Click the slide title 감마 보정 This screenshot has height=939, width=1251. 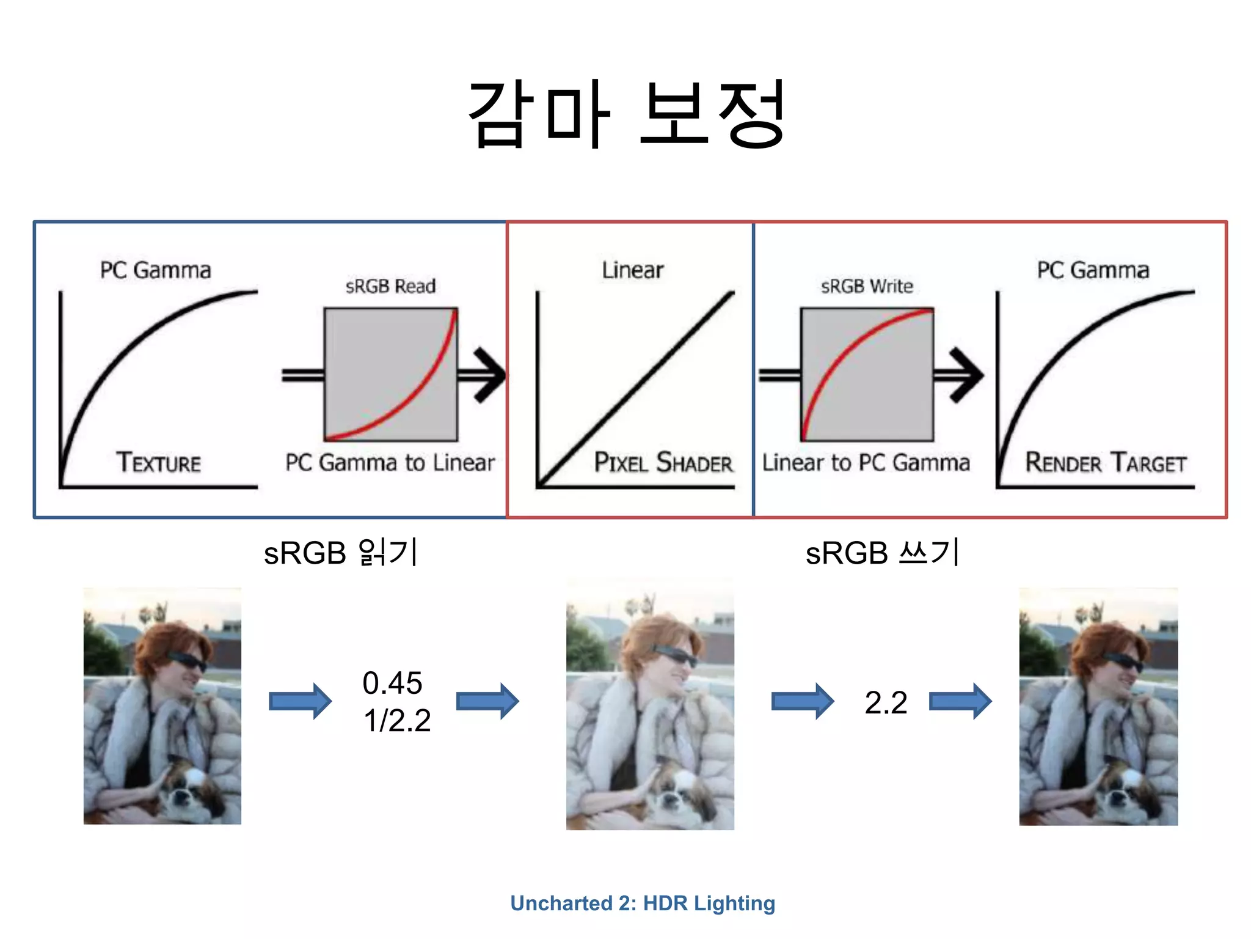(x=625, y=114)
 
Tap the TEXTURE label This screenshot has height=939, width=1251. (x=159, y=462)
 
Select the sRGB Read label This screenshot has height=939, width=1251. (x=390, y=286)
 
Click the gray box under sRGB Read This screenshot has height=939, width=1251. (x=391, y=374)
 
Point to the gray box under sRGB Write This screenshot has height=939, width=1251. (x=867, y=374)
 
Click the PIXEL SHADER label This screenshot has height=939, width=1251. (x=663, y=463)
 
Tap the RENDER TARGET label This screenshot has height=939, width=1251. (x=1106, y=463)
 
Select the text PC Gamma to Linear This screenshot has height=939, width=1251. (x=390, y=463)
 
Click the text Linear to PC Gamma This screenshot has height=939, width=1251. (x=866, y=463)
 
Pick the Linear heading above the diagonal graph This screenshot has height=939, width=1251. (x=632, y=270)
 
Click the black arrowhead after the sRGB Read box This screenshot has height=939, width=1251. (x=489, y=375)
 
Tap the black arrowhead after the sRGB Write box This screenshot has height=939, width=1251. (x=965, y=375)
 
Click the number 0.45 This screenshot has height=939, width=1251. (x=392, y=683)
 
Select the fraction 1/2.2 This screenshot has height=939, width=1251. (x=397, y=720)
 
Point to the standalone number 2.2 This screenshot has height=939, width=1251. (x=886, y=702)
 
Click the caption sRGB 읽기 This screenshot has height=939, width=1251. (x=340, y=553)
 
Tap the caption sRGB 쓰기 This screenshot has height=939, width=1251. (x=882, y=553)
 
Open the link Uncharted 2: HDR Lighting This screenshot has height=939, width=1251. (x=643, y=903)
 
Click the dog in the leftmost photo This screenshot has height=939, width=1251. (x=189, y=789)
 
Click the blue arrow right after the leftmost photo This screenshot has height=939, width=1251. (x=300, y=701)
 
